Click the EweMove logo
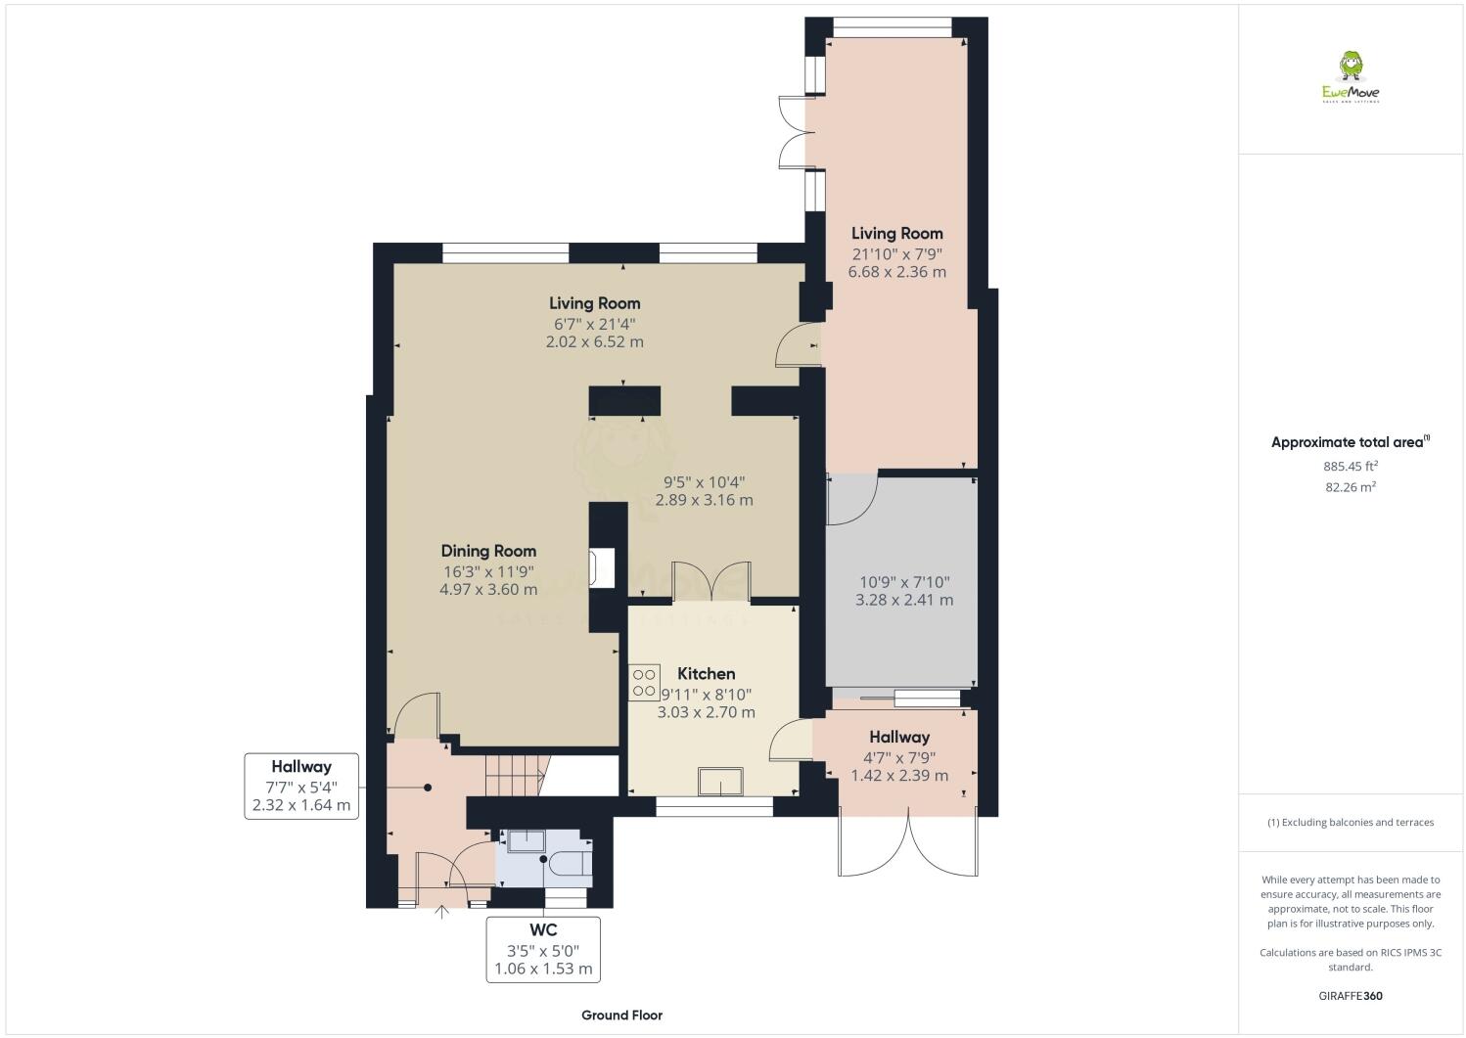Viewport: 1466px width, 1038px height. click(x=1351, y=78)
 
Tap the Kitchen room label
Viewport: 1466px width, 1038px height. click(x=706, y=674)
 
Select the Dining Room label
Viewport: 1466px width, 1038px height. click(x=488, y=551)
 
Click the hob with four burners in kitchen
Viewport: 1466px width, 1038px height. click(x=644, y=682)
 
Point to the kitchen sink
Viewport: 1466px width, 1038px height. click(x=719, y=783)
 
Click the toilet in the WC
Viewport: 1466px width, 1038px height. click(x=571, y=862)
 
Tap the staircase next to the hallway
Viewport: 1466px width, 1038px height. click(x=515, y=777)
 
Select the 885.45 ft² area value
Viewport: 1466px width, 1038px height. click(x=1350, y=467)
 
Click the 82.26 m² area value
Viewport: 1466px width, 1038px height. click(x=1350, y=487)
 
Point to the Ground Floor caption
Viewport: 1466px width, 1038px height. click(x=621, y=1015)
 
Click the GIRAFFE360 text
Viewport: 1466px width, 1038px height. click(x=1350, y=997)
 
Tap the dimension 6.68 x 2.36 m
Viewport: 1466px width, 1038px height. click(x=896, y=272)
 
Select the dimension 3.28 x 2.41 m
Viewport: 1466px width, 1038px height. click(x=903, y=600)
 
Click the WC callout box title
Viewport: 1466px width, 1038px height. click(x=544, y=929)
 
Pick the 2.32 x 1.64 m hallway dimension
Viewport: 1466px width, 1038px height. click(x=301, y=805)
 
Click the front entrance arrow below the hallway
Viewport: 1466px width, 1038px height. click(x=441, y=913)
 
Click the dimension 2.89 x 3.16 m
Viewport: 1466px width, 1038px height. click(x=704, y=500)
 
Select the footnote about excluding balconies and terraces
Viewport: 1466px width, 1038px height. click(x=1350, y=822)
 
